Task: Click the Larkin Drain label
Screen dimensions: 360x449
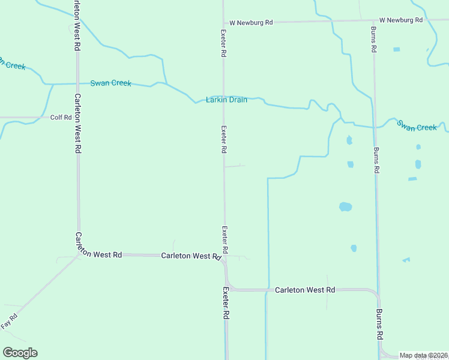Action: tap(226, 100)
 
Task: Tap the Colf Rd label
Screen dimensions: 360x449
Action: tap(61, 118)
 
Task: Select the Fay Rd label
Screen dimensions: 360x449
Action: tap(10, 321)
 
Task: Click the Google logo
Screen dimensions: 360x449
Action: tap(20, 353)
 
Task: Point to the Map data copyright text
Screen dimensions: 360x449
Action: tap(424, 355)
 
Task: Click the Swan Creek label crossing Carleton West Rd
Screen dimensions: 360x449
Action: tap(110, 83)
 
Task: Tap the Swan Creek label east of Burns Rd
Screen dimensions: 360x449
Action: tap(417, 127)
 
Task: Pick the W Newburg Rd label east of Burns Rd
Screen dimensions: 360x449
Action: tap(402, 20)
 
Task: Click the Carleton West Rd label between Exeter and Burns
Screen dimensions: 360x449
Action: tap(305, 290)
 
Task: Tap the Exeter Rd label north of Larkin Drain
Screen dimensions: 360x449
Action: tap(223, 43)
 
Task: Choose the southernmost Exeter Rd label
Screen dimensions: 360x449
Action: tap(226, 302)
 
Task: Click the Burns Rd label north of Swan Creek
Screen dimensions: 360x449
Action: tap(374, 39)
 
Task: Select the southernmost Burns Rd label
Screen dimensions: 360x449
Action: tap(379, 324)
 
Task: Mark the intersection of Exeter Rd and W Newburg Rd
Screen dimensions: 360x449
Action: tap(223, 22)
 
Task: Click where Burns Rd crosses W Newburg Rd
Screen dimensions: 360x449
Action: tap(373, 20)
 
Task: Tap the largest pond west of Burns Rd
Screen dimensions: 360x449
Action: tap(345, 207)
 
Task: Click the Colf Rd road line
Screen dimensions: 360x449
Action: tap(24, 118)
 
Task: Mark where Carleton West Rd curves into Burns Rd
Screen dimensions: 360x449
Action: tap(376, 295)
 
